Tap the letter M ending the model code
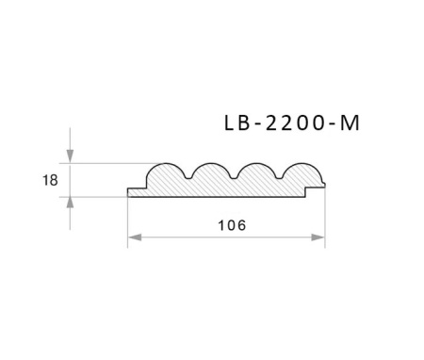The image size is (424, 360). pos(350,123)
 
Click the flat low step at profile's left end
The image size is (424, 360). pos(137,192)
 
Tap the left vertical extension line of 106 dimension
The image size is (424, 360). pos(127,221)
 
